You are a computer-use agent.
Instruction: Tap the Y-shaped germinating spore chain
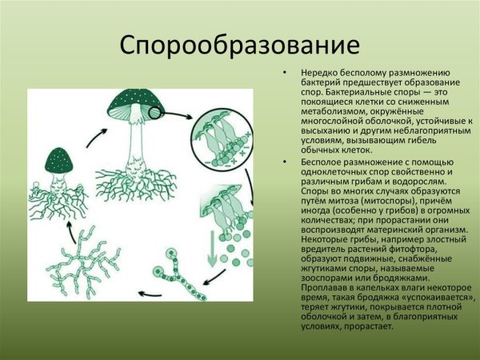(175, 268)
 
